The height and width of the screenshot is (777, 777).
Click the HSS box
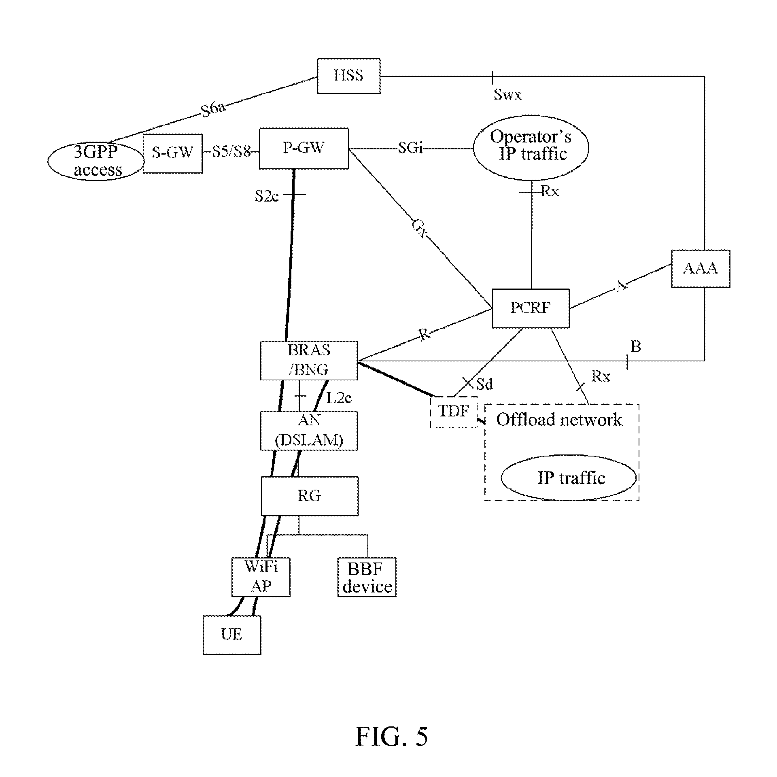click(x=348, y=76)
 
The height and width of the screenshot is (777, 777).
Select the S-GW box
click(x=173, y=153)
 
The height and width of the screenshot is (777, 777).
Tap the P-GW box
click(x=304, y=149)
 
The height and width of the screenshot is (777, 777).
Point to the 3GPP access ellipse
click(x=96, y=161)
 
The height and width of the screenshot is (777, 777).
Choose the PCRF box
click(x=530, y=308)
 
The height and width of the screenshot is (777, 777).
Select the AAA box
click(x=701, y=269)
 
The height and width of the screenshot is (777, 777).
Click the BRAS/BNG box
click(x=309, y=360)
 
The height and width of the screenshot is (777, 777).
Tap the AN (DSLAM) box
click(x=309, y=431)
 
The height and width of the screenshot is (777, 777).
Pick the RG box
click(x=310, y=496)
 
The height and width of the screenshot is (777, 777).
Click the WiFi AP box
click(x=261, y=577)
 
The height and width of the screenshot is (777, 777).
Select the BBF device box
click(x=367, y=577)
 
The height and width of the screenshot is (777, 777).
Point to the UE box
click(x=232, y=635)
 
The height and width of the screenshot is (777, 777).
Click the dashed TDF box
click(x=454, y=412)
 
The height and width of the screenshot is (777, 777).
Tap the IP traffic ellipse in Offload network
click(x=569, y=478)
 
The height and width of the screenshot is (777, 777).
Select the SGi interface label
click(x=410, y=148)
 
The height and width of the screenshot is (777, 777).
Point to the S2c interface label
click(x=267, y=197)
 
